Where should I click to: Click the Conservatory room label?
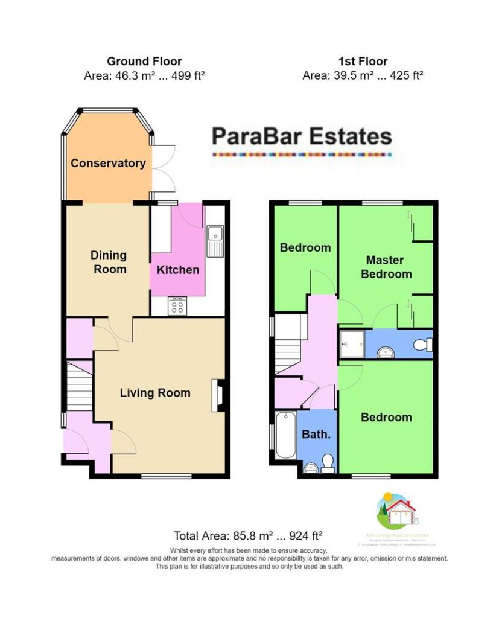[108, 163]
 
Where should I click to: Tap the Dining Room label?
[109, 262]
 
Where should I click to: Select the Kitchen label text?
[178, 269]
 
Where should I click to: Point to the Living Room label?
[155, 393]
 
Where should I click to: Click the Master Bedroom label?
[386, 267]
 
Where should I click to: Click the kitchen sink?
[214, 240]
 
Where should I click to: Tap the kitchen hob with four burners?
[178, 307]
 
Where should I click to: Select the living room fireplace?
[218, 396]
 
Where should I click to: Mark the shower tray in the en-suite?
[351, 344]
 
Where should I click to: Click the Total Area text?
[248, 535]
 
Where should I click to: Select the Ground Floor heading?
[144, 61]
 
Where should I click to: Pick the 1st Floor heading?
[363, 61]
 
